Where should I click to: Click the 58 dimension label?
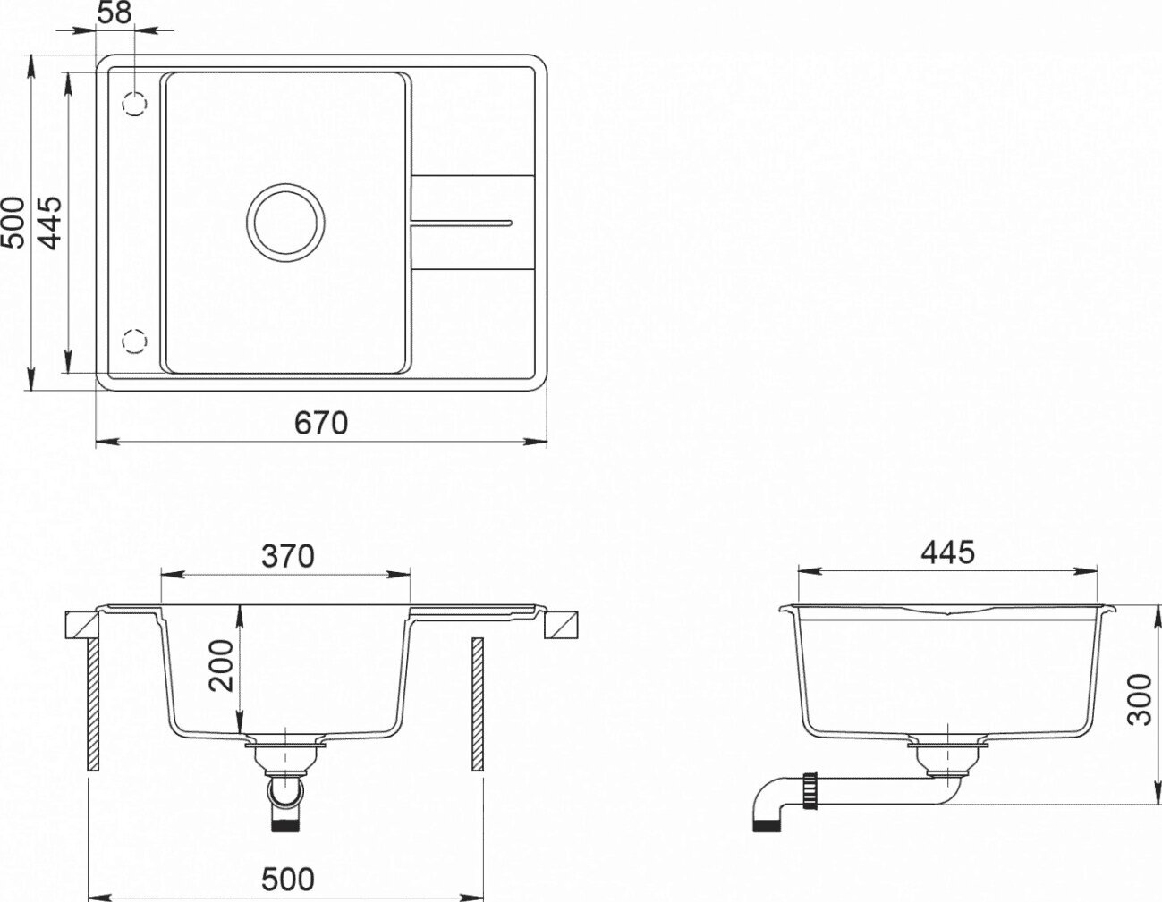coord(114,13)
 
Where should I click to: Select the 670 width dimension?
coord(321,423)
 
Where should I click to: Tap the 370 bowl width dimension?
coord(288,556)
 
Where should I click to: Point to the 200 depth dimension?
coord(221,666)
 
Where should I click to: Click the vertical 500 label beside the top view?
coord(13,223)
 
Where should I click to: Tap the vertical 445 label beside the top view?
coord(51,223)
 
